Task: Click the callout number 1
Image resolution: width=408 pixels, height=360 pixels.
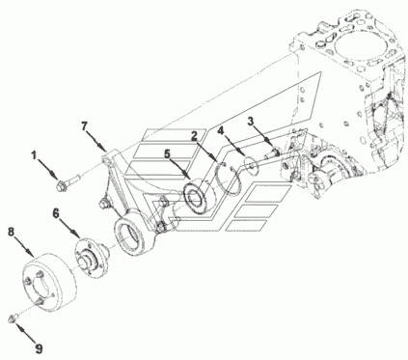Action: tap(34, 155)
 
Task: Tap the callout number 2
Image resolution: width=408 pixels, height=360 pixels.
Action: tap(194, 136)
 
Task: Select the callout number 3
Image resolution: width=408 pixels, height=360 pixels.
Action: tap(251, 121)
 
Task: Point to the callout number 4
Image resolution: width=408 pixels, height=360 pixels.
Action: tap(221, 130)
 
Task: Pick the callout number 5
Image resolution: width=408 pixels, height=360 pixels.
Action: tap(167, 153)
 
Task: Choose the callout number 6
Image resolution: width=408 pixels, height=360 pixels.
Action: tap(56, 212)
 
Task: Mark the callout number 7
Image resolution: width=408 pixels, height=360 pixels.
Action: tap(84, 126)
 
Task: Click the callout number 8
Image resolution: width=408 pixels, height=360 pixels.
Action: tap(12, 232)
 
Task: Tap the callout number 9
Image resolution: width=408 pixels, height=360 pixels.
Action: tap(39, 348)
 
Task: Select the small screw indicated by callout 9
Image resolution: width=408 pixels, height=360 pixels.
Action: tap(14, 318)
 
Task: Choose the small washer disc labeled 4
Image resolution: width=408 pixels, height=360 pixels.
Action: tap(251, 163)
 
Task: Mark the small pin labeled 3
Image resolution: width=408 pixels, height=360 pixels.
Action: tap(272, 153)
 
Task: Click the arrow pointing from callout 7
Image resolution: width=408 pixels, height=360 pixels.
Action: tap(96, 140)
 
